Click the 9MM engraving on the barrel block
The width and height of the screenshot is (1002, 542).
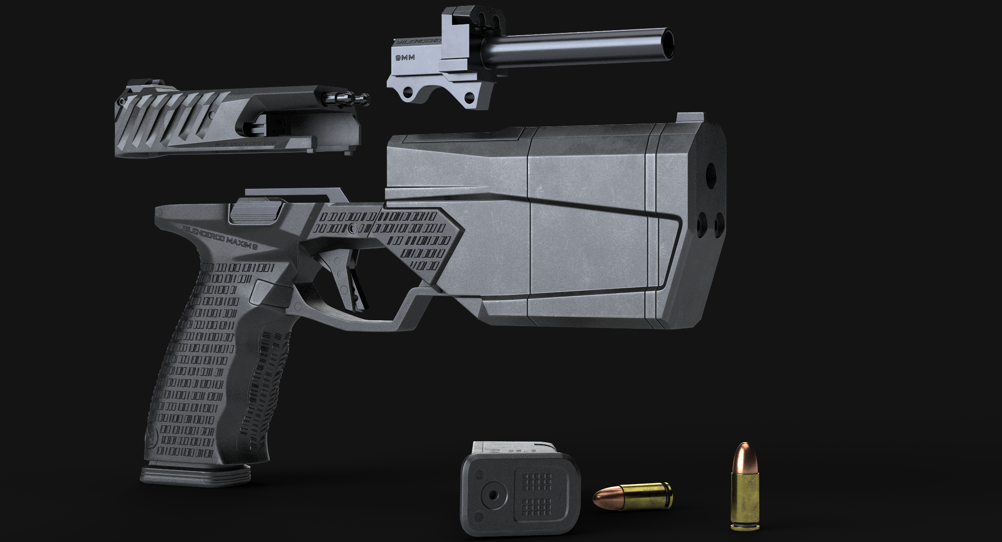tap(405, 58)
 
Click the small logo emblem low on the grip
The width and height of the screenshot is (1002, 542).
tap(150, 436)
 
